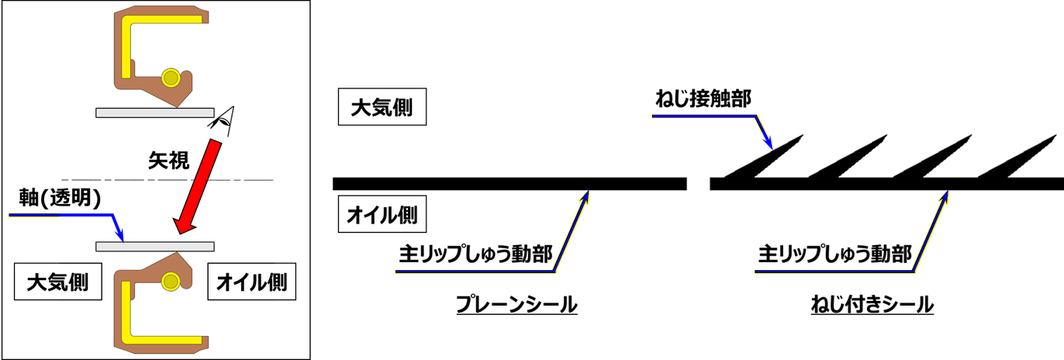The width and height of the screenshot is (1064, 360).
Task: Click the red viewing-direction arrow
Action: pos(197,187)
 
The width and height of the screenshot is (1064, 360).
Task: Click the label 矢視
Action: pos(168,161)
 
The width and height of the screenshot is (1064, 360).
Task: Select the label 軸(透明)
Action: pos(60,198)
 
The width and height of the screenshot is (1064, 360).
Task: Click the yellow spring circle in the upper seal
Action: pos(171,78)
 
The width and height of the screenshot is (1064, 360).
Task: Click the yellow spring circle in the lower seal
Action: pos(171,282)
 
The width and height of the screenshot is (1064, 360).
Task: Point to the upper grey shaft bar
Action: pos(155,112)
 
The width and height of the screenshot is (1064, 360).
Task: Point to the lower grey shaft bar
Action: pos(155,247)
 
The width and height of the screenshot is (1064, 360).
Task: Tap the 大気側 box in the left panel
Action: pos(58,282)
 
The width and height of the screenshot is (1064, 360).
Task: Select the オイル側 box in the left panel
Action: pos(252,282)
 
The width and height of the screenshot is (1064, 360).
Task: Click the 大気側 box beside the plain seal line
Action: pos(382,107)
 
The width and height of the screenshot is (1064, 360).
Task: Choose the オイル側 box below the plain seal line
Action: pos(382,214)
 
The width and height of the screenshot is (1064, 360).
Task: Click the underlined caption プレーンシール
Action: pos(516,304)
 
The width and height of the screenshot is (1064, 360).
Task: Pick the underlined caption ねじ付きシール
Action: pos(872,304)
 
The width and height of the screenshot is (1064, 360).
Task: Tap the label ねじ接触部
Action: pos(703,99)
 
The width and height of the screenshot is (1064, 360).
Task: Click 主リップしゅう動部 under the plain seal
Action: pos(475,254)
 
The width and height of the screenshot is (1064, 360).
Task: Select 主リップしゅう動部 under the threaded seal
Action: pos(834,254)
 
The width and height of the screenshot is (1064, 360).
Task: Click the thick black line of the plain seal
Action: pos(510,184)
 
